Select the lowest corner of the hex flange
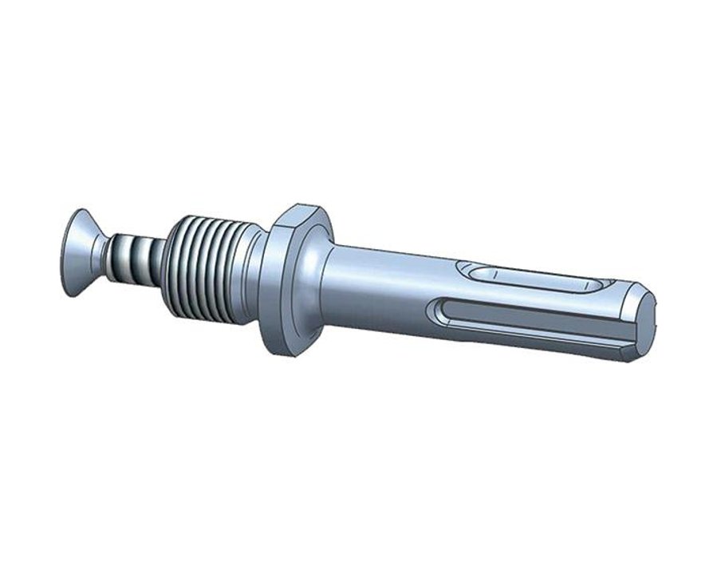coord(281,351)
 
